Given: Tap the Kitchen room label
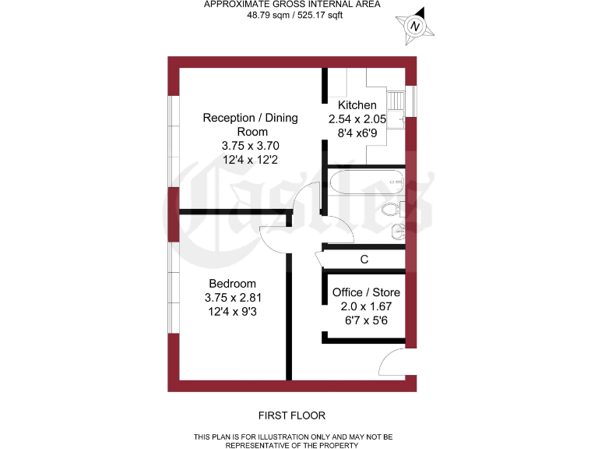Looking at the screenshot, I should coord(357,105).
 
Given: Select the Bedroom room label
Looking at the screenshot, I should coord(232,284).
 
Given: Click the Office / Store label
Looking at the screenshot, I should coord(366,292).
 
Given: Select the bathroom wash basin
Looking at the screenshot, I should coord(398,231).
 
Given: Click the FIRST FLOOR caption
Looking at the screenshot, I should coord(292,415).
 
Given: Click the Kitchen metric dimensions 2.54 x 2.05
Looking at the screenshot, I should coord(357,119).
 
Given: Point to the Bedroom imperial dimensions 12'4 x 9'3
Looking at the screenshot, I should coord(232,312).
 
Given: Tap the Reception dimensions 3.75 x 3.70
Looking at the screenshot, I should coord(250,146).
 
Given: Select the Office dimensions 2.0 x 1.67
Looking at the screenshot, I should coord(366,306).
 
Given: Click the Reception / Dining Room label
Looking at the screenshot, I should coord(250,125).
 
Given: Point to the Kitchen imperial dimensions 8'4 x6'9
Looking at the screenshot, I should coord(357,133).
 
